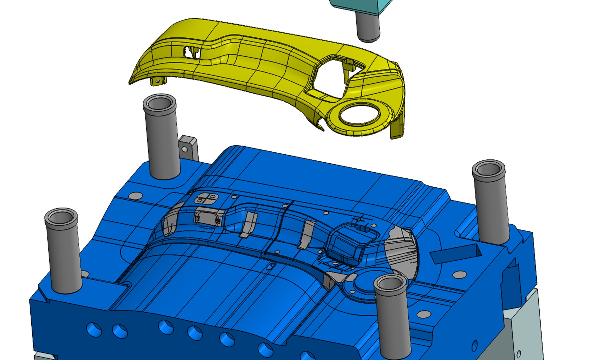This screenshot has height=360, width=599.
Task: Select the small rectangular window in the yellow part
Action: (x=192, y=52)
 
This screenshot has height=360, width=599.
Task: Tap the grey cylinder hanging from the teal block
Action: (x=368, y=27)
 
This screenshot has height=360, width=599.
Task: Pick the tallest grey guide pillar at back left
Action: (x=161, y=137)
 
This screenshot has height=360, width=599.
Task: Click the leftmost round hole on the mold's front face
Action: (x=94, y=329)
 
